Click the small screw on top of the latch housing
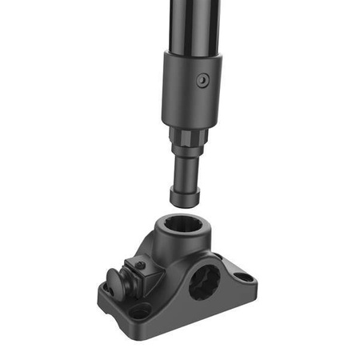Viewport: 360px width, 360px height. click(140, 266)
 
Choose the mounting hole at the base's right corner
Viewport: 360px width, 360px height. click(246, 278)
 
